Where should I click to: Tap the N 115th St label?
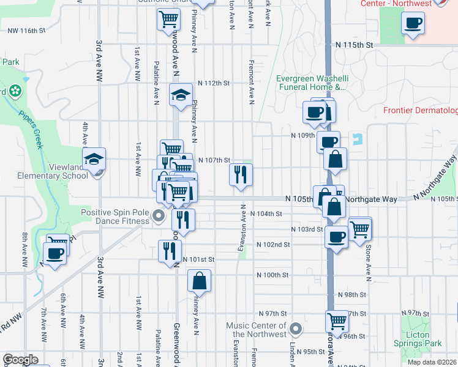click(x=355, y=45)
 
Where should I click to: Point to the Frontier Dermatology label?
click(x=420, y=111)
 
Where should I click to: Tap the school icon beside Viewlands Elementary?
click(x=94, y=159)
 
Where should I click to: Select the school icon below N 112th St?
click(x=181, y=95)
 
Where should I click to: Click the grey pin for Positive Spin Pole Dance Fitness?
click(x=159, y=215)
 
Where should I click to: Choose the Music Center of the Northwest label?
click(x=256, y=330)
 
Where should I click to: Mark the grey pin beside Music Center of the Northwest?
click(x=296, y=330)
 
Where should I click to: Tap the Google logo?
click(x=21, y=360)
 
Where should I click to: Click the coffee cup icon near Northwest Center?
click(x=413, y=23)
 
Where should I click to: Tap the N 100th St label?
click(x=272, y=275)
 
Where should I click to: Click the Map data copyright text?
click(x=432, y=362)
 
